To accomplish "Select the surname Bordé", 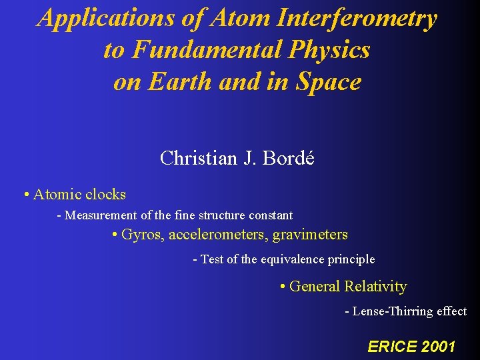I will coord(289,158).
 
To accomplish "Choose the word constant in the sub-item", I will coord(271,215).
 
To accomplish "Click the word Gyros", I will coord(143,235).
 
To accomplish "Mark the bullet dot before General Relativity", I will coord(283,287).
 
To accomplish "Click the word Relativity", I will coord(375,287).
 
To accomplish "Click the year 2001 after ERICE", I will coord(437,346).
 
